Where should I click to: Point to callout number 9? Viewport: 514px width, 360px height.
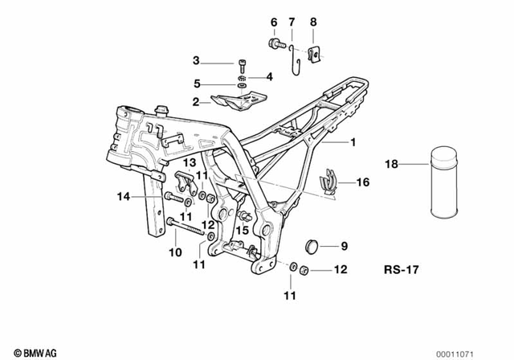pyautogui.click(x=344, y=246)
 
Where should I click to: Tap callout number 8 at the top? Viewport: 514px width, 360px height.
pyautogui.click(x=313, y=22)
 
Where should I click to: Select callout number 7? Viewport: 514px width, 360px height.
pyautogui.click(x=292, y=22)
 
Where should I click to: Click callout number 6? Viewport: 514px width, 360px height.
pyautogui.click(x=273, y=22)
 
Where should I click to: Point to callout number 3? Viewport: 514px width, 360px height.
pyautogui.click(x=195, y=60)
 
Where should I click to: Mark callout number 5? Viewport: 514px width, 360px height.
pyautogui.click(x=195, y=83)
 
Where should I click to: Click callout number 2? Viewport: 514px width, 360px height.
pyautogui.click(x=195, y=102)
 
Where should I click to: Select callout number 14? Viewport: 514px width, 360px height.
pyautogui.click(x=123, y=195)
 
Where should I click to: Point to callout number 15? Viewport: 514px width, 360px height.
pyautogui.click(x=238, y=230)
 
